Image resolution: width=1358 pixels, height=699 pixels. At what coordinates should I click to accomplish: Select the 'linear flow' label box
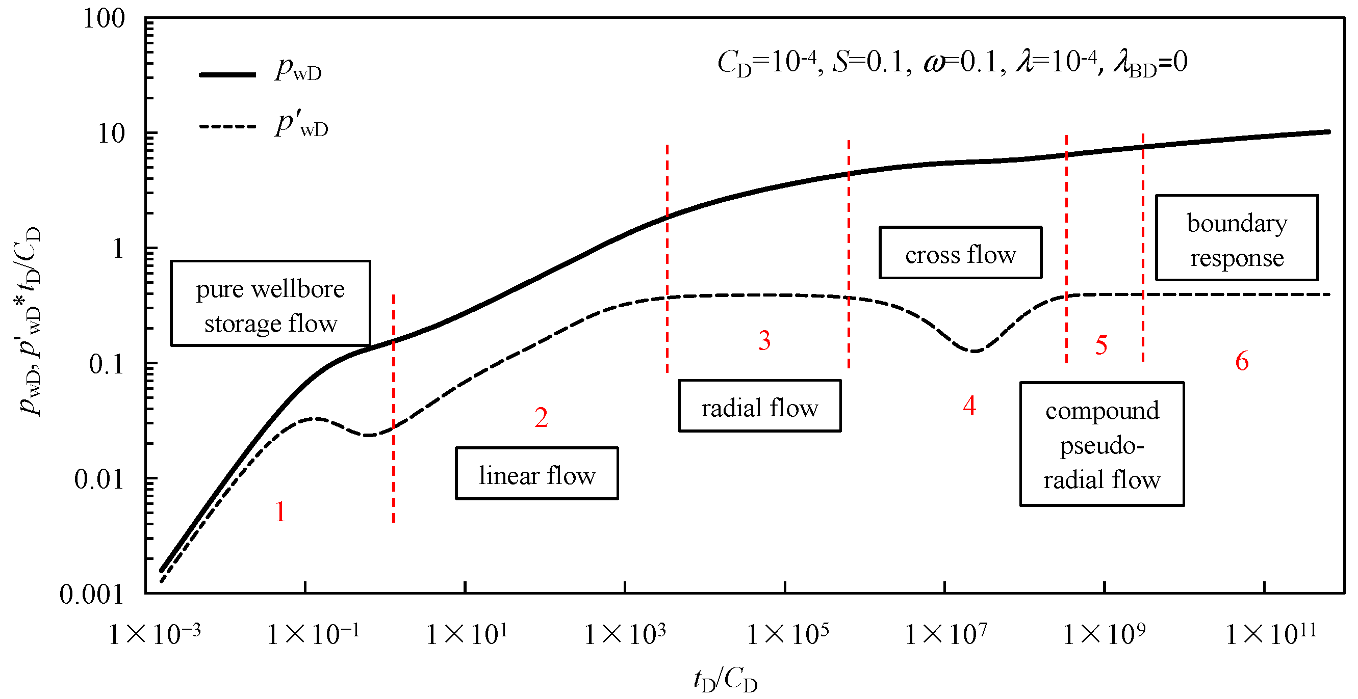536,473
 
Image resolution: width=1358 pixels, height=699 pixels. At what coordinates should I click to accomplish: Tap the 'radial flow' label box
759,406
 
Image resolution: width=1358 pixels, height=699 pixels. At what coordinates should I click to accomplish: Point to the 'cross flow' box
960,252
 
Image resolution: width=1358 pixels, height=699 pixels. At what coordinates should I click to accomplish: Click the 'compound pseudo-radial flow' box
1102,444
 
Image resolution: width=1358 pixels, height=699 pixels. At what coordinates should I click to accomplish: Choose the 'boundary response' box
1237,237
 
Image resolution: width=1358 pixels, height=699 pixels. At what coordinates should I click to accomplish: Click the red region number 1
280,512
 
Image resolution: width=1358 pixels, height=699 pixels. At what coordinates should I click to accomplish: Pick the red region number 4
969,406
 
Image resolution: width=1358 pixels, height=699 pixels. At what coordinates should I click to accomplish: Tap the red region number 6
1242,361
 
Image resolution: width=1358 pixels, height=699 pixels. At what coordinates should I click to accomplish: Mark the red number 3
764,340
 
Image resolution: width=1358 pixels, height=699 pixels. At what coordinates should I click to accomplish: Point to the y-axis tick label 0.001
91,594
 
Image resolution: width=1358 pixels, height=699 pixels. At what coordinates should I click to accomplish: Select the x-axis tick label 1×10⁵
787,634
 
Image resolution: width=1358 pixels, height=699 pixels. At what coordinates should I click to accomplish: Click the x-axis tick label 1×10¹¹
1270,634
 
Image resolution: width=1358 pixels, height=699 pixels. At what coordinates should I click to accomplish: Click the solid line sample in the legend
227,75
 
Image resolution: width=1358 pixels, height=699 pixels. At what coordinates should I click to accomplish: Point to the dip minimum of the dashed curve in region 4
973,351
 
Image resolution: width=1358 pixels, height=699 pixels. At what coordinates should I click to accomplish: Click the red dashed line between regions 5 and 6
1143,248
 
